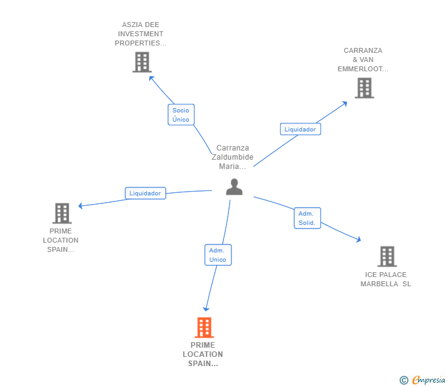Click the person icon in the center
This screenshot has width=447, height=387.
pyautogui.click(x=234, y=187)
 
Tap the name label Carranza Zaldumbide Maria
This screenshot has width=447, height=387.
pyautogui.click(x=235, y=157)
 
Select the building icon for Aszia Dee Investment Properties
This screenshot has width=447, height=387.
pyautogui.click(x=142, y=62)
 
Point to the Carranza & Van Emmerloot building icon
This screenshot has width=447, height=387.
pyautogui.click(x=364, y=88)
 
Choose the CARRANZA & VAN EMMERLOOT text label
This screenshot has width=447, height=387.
pyautogui.click(x=363, y=60)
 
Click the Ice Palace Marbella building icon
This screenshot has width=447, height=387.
pyautogui.click(x=387, y=256)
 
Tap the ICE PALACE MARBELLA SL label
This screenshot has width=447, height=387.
pyautogui.click(x=386, y=279)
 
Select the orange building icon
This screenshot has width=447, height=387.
pyautogui.click(x=204, y=327)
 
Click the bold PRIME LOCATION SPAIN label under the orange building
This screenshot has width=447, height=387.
pyautogui.click(x=203, y=354)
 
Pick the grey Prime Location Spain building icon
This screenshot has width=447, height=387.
pyautogui.click(x=62, y=213)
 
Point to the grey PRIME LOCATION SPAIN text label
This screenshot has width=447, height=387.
pyautogui.click(x=61, y=240)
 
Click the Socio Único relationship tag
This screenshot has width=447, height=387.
pyautogui.click(x=181, y=115)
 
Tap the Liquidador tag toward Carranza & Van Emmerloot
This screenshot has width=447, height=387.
pyautogui.click(x=300, y=129)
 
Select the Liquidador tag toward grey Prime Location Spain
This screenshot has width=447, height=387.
pyautogui.click(x=145, y=193)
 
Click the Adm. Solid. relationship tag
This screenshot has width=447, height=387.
pyautogui.click(x=308, y=218)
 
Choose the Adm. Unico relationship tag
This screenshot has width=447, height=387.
pyautogui.click(x=217, y=255)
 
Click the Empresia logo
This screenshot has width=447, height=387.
pyautogui.click(x=423, y=380)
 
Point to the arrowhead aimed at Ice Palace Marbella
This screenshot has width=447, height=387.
pyautogui.click(x=360, y=240)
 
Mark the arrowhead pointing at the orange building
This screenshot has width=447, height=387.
pyautogui.click(x=207, y=308)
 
